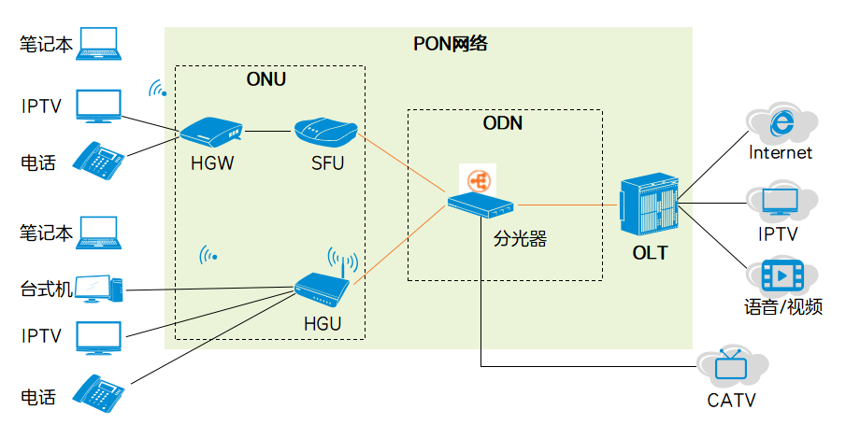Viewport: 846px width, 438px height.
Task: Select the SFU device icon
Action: [x=324, y=132]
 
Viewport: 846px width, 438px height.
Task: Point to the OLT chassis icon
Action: [x=649, y=205]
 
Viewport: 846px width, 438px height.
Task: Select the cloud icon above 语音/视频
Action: [x=781, y=276]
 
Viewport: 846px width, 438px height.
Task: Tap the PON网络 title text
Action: [x=451, y=44]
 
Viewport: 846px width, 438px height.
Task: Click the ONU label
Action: [x=265, y=79]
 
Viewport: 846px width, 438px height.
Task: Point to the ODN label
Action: [x=502, y=123]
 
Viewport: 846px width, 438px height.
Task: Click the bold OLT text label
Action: [x=649, y=252]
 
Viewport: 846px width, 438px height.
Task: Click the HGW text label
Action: [x=211, y=165]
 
